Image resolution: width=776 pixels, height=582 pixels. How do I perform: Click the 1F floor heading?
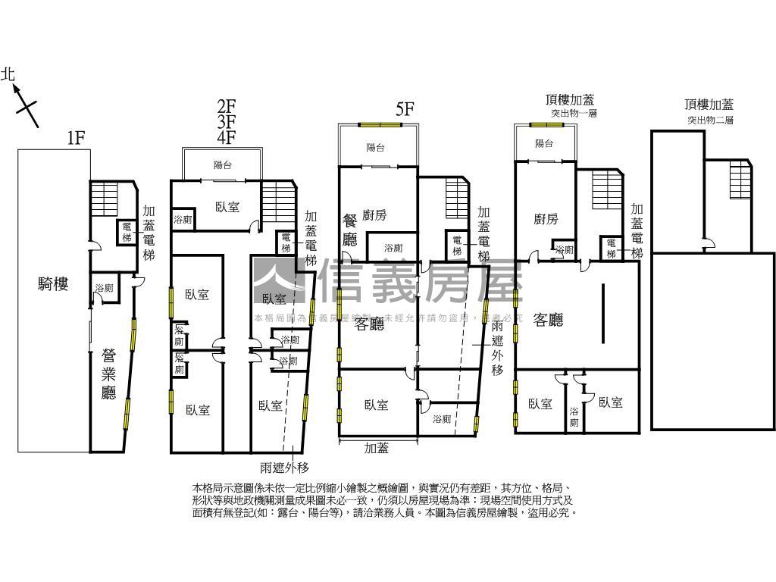pyautogui.click(x=75, y=137)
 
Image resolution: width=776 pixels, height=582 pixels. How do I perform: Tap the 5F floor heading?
pyautogui.click(x=405, y=109)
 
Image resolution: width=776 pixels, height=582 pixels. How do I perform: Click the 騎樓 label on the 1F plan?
pyautogui.click(x=53, y=284)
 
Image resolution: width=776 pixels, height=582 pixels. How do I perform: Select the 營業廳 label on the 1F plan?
pyautogui.click(x=108, y=373)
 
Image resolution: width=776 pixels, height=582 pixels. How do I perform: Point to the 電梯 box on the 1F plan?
pyautogui.click(x=127, y=232)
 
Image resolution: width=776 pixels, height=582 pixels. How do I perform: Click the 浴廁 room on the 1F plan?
pyautogui.click(x=105, y=289)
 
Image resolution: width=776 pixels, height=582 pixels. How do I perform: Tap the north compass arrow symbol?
pyautogui.click(x=27, y=107)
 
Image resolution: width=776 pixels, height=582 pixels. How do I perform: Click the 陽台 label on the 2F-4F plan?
pyautogui.click(x=223, y=164)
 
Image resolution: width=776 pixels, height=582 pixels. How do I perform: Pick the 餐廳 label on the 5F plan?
pyautogui.click(x=349, y=230)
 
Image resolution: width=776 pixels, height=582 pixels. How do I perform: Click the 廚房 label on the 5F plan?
pyautogui.click(x=374, y=215)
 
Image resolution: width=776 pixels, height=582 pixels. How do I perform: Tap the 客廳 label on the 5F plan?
pyautogui.click(x=370, y=324)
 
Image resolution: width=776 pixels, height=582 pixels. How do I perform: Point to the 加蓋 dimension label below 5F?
pyautogui.click(x=376, y=448)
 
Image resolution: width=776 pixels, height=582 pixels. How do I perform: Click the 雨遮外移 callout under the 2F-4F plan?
pyautogui.click(x=284, y=468)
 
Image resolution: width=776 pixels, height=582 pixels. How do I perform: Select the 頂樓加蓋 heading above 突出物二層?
pyautogui.click(x=709, y=105)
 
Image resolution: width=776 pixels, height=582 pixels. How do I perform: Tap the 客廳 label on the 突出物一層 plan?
pyautogui.click(x=549, y=320)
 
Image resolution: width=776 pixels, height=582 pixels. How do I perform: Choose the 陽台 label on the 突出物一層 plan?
pyautogui.click(x=544, y=143)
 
